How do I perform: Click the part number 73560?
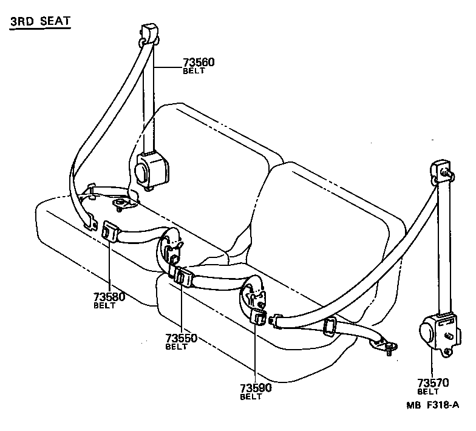click(199, 63)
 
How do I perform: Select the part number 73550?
click(180, 338)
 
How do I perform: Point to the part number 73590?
click(255, 388)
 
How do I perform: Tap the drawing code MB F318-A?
click(432, 405)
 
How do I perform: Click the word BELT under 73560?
click(194, 71)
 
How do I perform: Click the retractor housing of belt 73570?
click(437, 334)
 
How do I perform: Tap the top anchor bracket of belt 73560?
click(149, 33)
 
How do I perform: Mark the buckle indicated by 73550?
click(182, 277)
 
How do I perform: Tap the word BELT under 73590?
click(251, 397)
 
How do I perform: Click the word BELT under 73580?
click(104, 305)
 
